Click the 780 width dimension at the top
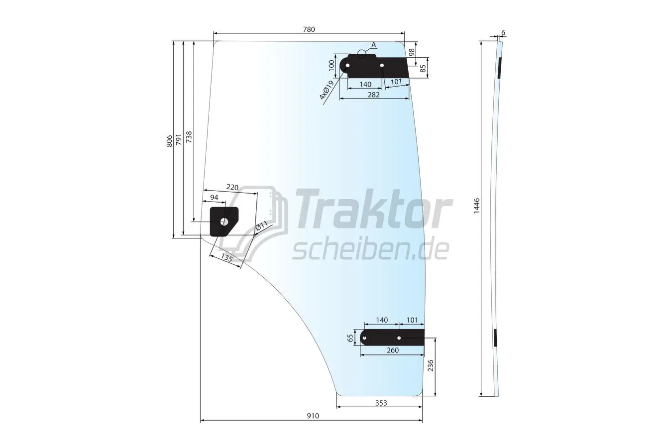(x=309, y=29)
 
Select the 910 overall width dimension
(x=313, y=416)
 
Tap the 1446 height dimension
(x=477, y=206)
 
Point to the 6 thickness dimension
(x=503, y=32)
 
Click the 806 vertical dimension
(x=170, y=141)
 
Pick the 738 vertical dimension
(x=189, y=137)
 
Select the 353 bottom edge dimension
(x=381, y=403)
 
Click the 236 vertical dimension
(x=431, y=365)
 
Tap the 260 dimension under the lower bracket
(x=392, y=350)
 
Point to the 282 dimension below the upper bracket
(x=373, y=95)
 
